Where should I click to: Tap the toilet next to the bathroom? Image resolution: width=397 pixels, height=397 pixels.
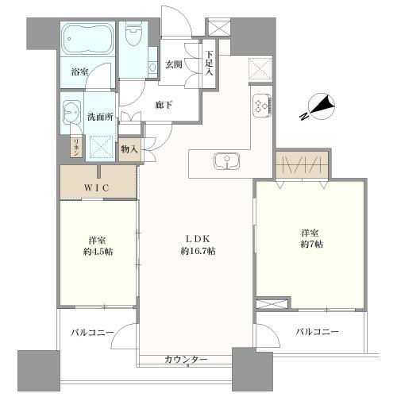pyautogui.click(x=133, y=37)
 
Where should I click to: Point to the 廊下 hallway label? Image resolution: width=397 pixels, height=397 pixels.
pyautogui.click(x=164, y=103)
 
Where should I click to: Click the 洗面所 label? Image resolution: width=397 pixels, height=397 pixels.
pyautogui.click(x=101, y=117)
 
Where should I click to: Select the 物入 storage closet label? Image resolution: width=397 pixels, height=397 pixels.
pyautogui.click(x=129, y=148)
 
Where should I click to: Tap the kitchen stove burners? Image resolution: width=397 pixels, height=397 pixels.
pyautogui.click(x=262, y=106)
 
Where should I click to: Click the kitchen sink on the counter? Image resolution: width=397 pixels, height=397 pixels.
pyautogui.click(x=225, y=161)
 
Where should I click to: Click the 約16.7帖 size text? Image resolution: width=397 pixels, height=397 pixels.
pyautogui.click(x=197, y=251)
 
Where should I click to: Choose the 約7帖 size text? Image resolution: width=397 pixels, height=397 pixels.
pyautogui.click(x=310, y=245)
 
